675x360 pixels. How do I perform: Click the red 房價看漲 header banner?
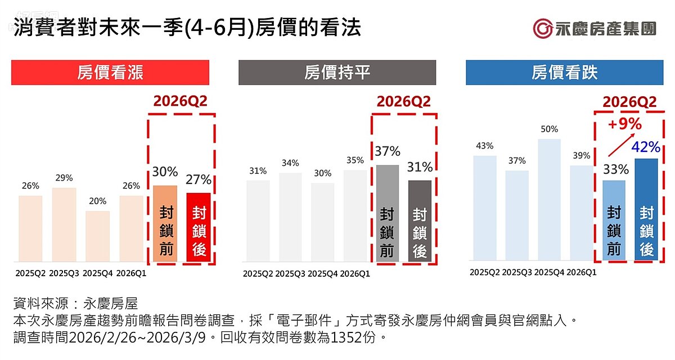pyautogui.click(x=110, y=73)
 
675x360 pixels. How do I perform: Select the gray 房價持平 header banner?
pyautogui.click(x=337, y=73)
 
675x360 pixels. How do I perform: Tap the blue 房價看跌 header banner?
pyautogui.click(x=564, y=73)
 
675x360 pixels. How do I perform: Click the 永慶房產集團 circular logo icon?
pyautogui.click(x=543, y=29)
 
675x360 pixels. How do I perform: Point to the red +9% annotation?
pyautogui.click(x=624, y=124)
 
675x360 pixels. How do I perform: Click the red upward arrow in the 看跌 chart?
pyautogui.click(x=623, y=145)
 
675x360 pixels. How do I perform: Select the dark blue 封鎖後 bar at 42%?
pyautogui.click(x=646, y=209)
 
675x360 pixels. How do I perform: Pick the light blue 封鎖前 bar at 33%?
pyautogui.click(x=614, y=220)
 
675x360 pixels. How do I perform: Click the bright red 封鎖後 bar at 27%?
pyautogui.click(x=198, y=227)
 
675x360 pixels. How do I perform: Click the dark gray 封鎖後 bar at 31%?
pyautogui.click(x=420, y=221)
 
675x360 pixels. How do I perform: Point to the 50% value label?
pyautogui.click(x=549, y=129)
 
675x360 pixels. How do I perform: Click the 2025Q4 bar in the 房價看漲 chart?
pyautogui.click(x=97, y=236)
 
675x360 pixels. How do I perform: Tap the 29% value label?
pyautogui.click(x=64, y=178)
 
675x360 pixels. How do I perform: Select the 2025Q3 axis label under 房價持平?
pyautogui.click(x=291, y=274)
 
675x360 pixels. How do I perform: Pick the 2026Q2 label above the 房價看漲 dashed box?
pyautogui.click(x=181, y=102)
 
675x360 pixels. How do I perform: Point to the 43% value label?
pyautogui.click(x=484, y=146)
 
